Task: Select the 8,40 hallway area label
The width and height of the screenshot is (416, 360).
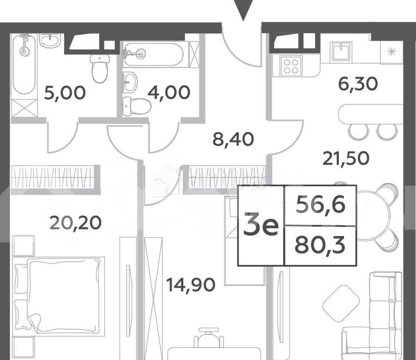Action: point(233,140)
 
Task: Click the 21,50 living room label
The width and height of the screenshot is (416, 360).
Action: point(346,158)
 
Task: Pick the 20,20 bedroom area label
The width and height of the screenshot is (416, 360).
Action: point(75,222)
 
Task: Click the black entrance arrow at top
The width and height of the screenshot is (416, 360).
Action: point(243,10)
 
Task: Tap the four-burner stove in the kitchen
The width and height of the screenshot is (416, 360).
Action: point(291,66)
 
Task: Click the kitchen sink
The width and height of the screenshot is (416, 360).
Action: point(341,51)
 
